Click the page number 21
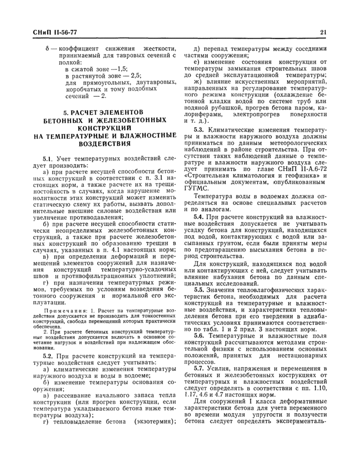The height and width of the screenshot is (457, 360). point(323,32)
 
